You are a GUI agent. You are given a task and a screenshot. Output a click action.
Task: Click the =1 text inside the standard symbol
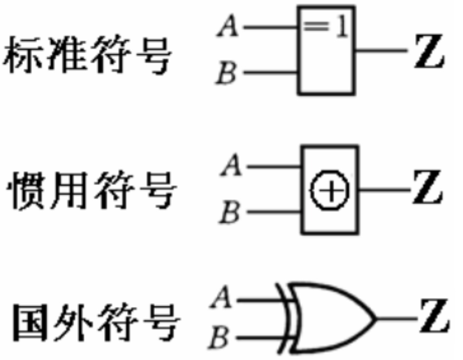click(x=326, y=29)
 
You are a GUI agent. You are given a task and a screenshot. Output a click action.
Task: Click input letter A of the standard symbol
click(x=228, y=27)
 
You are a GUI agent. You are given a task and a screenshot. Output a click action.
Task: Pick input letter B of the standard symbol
click(x=227, y=73)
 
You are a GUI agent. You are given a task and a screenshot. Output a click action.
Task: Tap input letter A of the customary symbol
click(x=231, y=166)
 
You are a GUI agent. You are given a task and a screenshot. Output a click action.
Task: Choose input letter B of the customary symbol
click(x=229, y=213)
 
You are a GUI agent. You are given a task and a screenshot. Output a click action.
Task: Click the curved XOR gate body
click(x=329, y=318)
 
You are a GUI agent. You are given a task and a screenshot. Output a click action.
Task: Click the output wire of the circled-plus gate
click(x=384, y=190)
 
